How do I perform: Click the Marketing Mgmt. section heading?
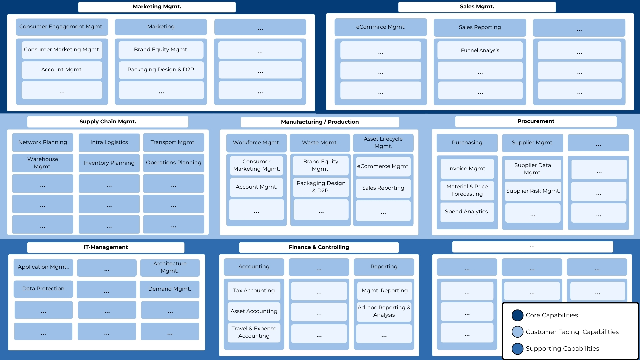157,7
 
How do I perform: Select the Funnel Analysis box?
480,50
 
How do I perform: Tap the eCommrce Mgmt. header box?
380,27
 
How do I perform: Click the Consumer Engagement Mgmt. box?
62,27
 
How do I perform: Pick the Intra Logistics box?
109,142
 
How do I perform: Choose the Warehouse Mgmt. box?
43,163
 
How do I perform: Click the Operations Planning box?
173,163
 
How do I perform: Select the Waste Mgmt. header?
320,143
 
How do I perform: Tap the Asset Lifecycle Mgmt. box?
383,143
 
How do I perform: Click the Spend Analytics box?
466,212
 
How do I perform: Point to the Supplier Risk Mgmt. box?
533,191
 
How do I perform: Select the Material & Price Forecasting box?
467,190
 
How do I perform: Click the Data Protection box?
43,289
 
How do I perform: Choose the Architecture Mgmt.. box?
170,267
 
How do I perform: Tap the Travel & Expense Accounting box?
254,332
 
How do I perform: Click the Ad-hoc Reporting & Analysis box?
384,311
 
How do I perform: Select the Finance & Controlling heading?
319,247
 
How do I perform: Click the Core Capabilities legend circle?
517,315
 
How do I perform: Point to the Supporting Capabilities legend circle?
517,349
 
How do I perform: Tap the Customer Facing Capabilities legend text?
572,332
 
